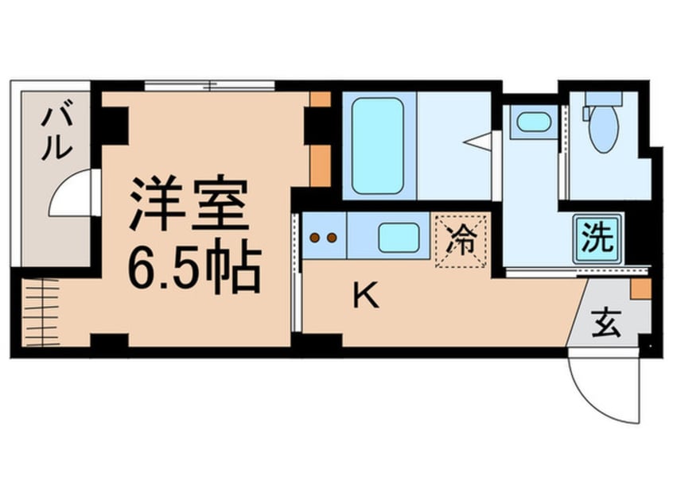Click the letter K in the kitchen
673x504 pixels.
pos(364,297)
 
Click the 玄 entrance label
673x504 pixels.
pos(609,324)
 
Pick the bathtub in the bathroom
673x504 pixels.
pos(377,145)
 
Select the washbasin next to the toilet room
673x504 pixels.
pos(531,122)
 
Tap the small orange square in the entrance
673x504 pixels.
pos(641,289)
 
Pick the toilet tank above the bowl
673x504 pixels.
pos(603,100)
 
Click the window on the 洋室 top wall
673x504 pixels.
pos(210,85)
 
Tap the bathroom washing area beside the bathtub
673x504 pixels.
pos(451,145)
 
